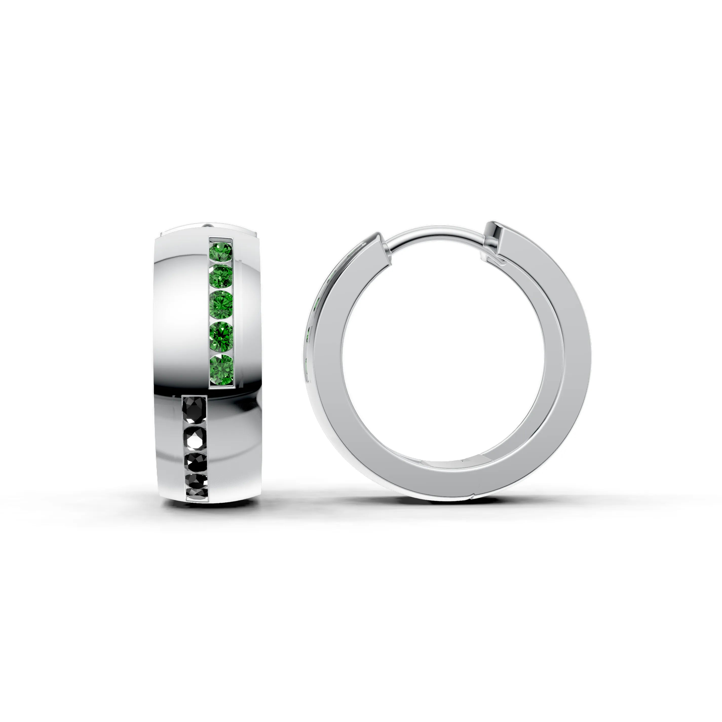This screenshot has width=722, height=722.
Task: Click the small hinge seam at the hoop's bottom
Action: [x=472, y=497]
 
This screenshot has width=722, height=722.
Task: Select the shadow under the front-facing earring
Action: [x=209, y=508]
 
